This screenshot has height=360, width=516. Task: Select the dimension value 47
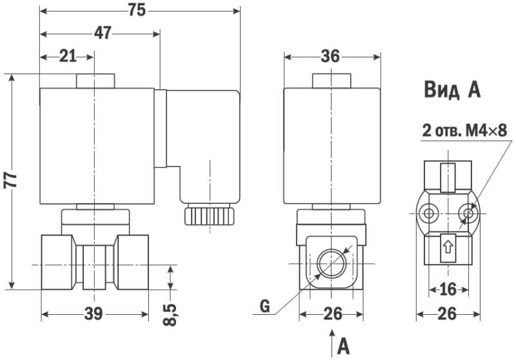(x=102, y=34)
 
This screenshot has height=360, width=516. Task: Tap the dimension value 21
(x=68, y=55)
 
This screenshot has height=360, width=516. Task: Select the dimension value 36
(x=330, y=56)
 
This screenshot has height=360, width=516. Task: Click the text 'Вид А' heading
(x=452, y=90)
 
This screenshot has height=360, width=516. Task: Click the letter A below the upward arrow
(x=343, y=346)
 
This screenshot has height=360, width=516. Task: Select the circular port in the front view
(x=330, y=264)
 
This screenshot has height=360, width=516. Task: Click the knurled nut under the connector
(x=209, y=215)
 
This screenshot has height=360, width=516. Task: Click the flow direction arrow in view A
(x=447, y=246)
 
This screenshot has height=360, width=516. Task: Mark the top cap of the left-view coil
(x=95, y=81)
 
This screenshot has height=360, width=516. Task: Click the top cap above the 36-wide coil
(x=332, y=81)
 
